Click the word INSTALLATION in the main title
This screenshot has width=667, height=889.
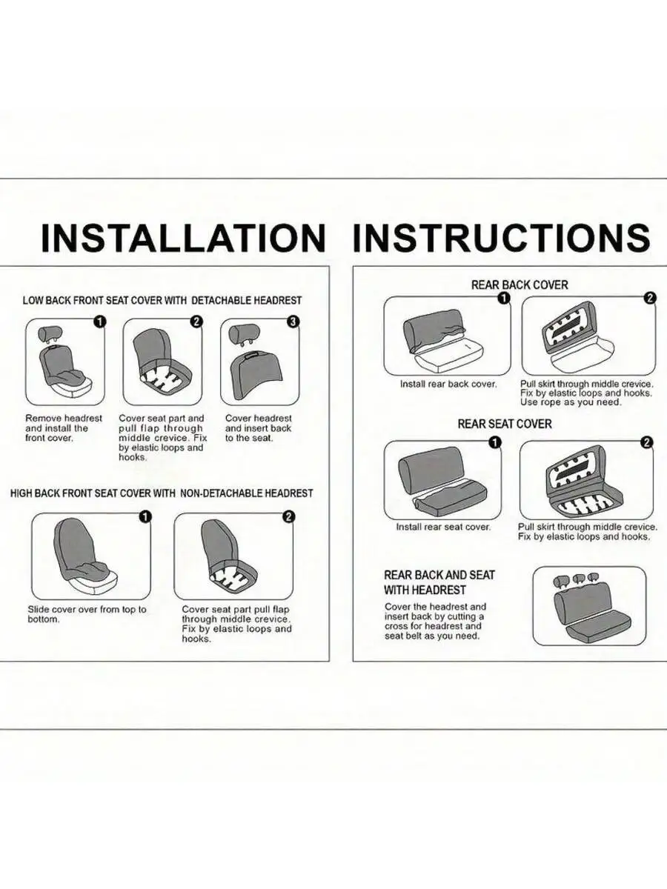(x=184, y=237)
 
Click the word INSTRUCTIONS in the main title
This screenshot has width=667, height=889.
(x=502, y=237)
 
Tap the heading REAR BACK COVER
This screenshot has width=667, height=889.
(x=520, y=284)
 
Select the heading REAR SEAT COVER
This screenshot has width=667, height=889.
(x=505, y=424)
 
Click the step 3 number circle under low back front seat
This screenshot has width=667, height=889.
(x=293, y=322)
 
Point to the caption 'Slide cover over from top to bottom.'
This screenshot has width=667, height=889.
(x=87, y=614)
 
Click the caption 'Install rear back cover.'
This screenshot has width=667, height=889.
(x=448, y=384)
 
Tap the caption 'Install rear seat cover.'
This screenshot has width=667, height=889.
(x=443, y=527)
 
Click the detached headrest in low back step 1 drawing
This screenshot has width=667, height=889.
(x=50, y=333)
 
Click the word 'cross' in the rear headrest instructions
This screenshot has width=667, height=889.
(x=397, y=638)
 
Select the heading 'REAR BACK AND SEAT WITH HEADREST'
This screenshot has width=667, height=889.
(x=439, y=582)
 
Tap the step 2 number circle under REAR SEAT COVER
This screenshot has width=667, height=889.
(x=647, y=442)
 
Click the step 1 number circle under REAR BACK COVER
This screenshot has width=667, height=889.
(x=503, y=299)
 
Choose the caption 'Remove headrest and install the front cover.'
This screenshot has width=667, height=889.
(x=64, y=428)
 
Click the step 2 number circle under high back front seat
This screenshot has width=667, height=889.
(x=288, y=517)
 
